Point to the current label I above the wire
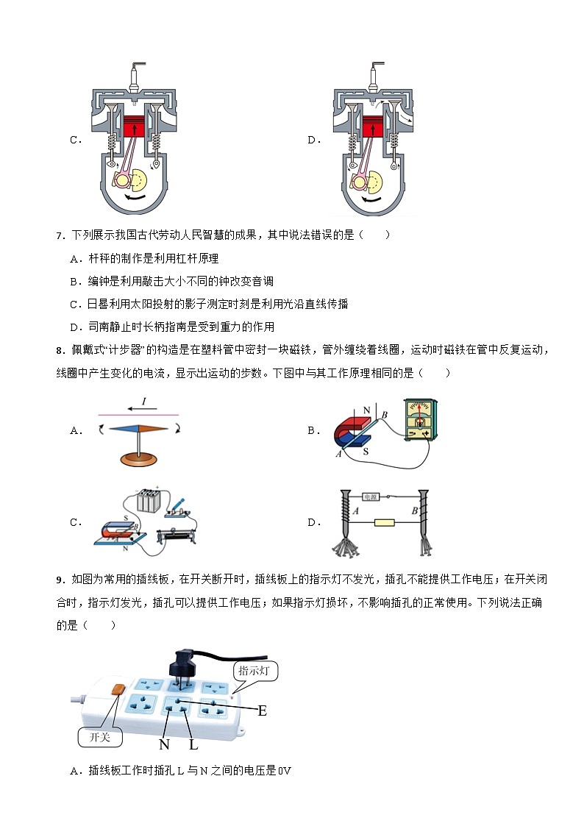tap(144, 402)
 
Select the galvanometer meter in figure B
tap(419, 424)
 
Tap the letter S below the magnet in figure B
tap(366, 451)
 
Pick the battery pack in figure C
tap(149, 502)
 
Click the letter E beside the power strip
tap(262, 711)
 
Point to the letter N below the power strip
tap(164, 744)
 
